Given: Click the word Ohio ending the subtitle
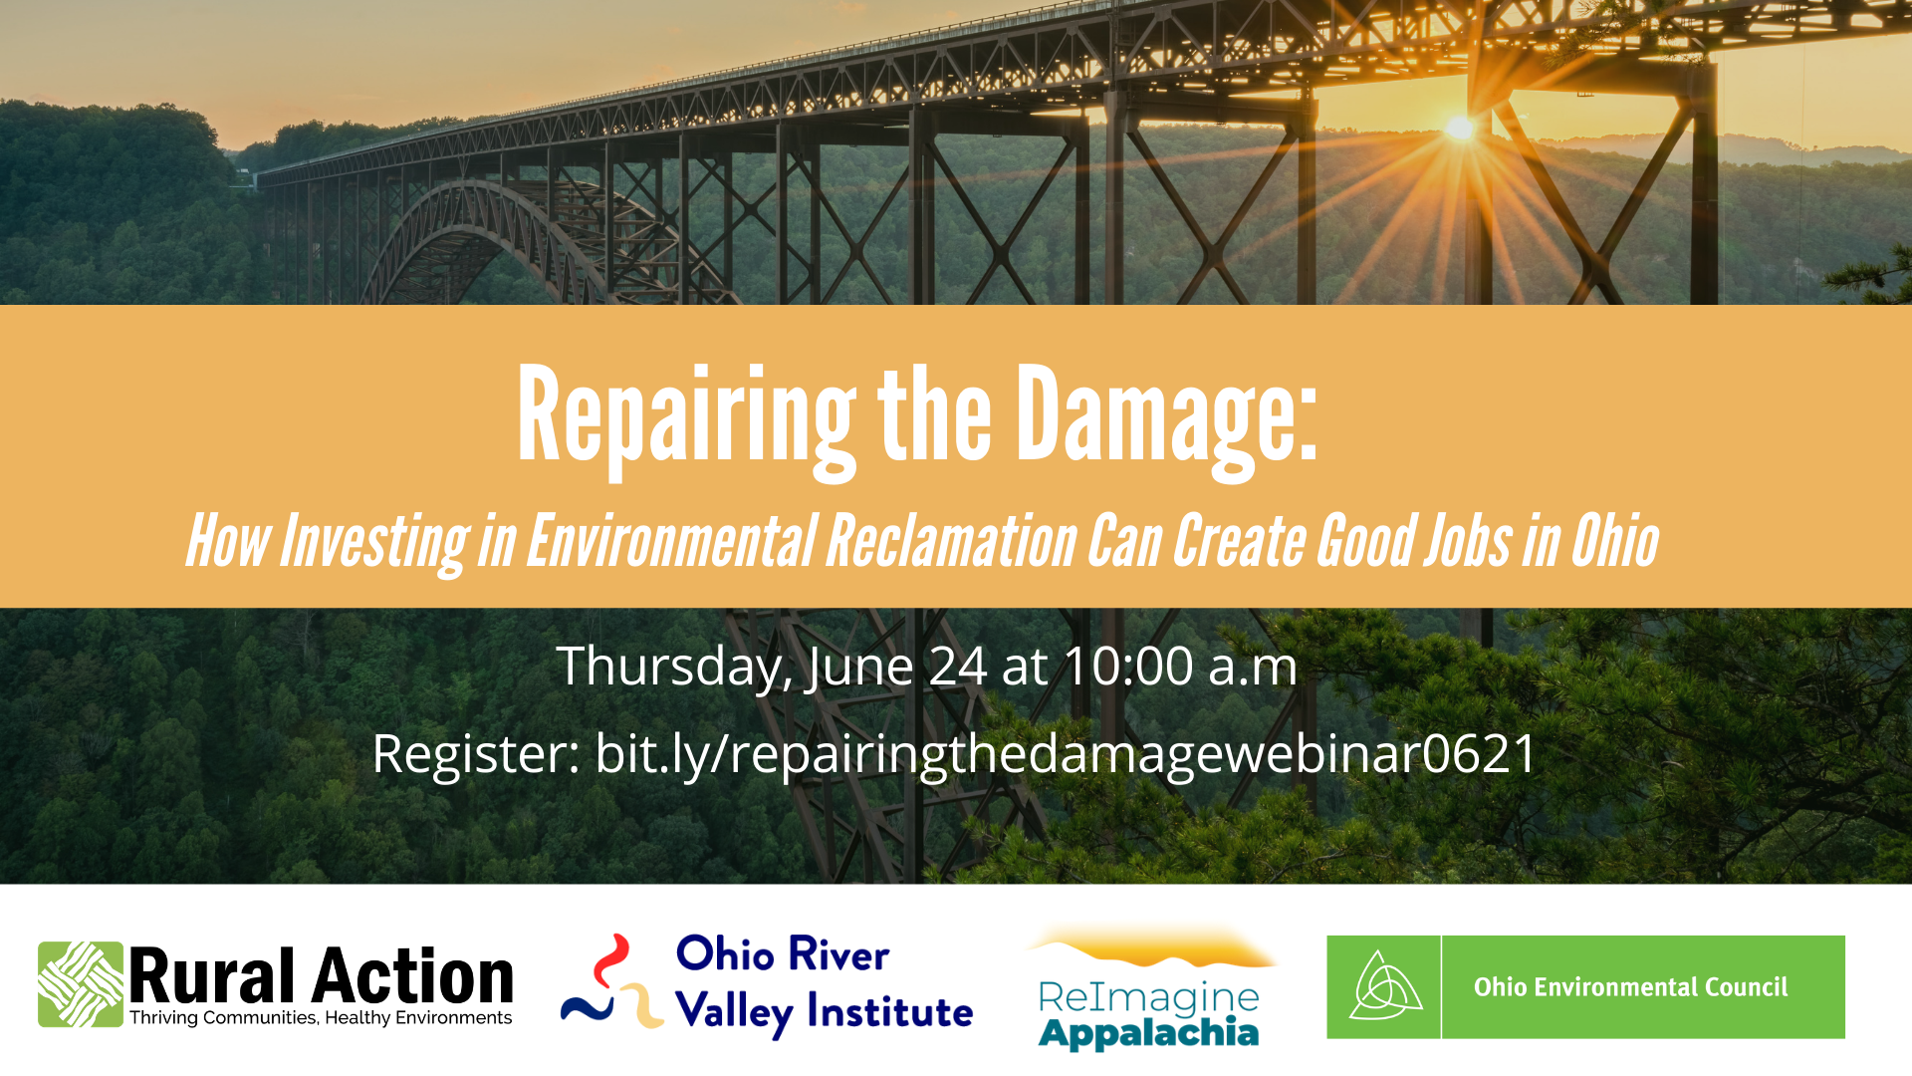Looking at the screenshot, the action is click(x=1615, y=541).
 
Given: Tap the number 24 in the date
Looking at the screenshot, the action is click(x=958, y=666).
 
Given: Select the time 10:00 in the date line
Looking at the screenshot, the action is click(x=1129, y=666).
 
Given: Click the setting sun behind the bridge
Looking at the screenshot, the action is click(x=1460, y=128).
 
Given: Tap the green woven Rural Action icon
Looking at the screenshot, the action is click(x=81, y=984).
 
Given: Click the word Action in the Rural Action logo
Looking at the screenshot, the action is click(x=412, y=976).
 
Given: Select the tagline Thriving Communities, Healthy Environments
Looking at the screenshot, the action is click(x=321, y=1018).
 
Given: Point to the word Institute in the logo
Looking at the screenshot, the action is click(x=890, y=1012).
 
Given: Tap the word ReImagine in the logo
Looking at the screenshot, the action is click(x=1148, y=996).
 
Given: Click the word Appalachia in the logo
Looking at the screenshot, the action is click(x=1148, y=1033).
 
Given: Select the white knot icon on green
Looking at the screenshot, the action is click(x=1384, y=986).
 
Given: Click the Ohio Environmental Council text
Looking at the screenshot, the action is click(x=1631, y=987).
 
